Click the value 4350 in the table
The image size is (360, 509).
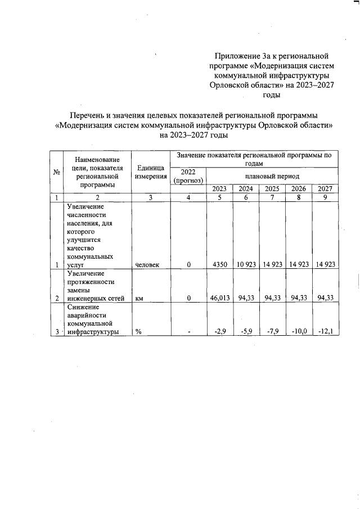[x=218, y=264]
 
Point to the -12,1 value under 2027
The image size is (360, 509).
[x=326, y=331]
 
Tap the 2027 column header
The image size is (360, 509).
[x=326, y=188]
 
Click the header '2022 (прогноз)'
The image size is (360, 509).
[x=188, y=176]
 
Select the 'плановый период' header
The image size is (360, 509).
[x=272, y=175]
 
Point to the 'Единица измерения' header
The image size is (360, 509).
[x=150, y=172]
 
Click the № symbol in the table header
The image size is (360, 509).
[x=57, y=172]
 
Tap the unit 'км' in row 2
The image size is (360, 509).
[x=139, y=298]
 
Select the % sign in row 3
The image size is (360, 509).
[x=138, y=331]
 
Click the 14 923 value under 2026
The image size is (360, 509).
[x=299, y=264]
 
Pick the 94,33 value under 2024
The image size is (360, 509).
[x=247, y=298]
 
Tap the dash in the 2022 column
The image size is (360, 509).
[x=190, y=331]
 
